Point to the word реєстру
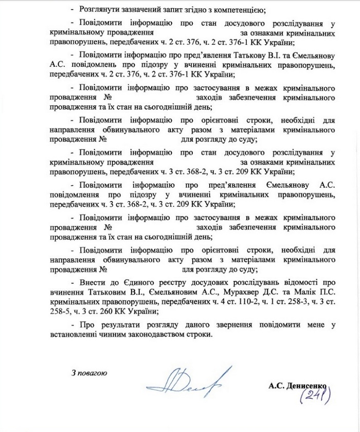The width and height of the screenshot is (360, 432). point(177,282)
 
